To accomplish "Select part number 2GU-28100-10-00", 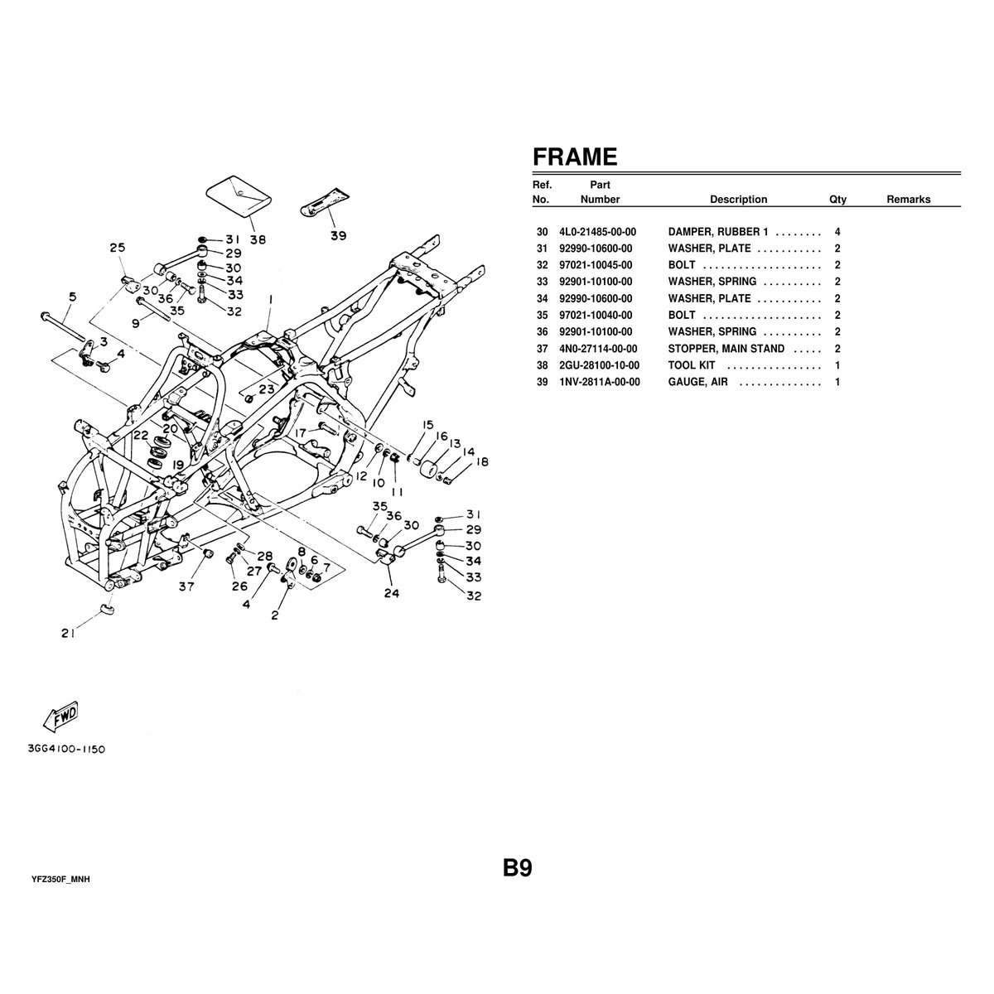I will (599, 365).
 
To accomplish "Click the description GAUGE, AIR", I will (697, 382).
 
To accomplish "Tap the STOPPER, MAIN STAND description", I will (726, 349).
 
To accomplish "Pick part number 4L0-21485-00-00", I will (597, 232).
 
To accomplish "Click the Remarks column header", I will (908, 200).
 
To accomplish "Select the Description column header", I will (738, 200).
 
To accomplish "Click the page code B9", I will (516, 868).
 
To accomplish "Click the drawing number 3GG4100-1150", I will (65, 749).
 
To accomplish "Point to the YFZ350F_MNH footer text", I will (60, 879).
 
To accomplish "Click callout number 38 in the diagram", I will (258, 240).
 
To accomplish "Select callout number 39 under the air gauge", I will (338, 235).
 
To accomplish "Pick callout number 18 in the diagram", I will (482, 462).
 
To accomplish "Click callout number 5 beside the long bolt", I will (73, 297).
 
